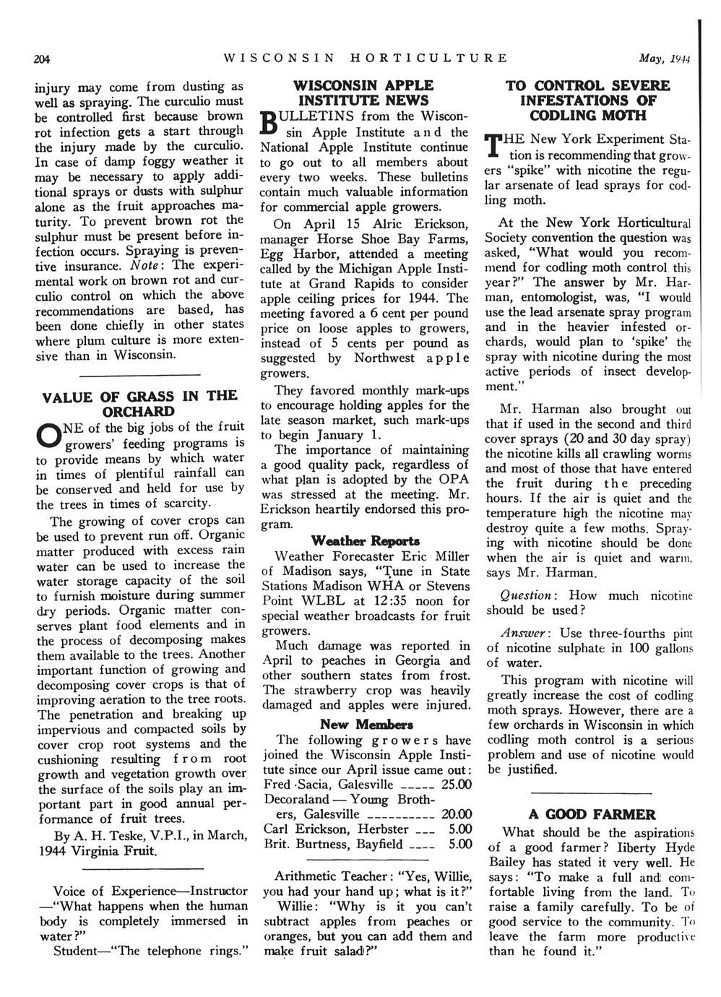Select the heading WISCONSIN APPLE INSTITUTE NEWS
point(365,93)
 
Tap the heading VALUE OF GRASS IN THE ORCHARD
point(139,403)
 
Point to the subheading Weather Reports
point(365,541)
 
